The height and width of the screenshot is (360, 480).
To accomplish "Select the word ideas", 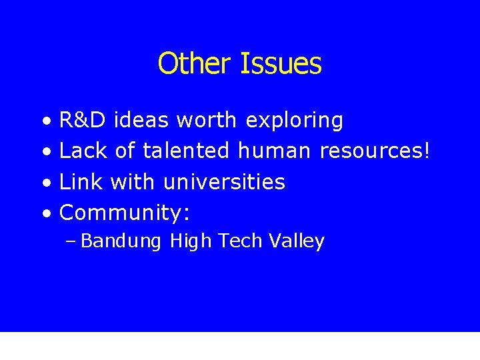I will point(141,121).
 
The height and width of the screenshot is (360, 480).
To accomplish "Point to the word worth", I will point(207,121).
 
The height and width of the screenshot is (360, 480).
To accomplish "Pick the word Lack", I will point(83,151).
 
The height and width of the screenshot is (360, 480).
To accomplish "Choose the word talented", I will point(185,151).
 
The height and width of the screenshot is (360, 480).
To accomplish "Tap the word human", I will point(274,151).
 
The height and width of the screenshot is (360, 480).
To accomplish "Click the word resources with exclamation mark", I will point(375,151).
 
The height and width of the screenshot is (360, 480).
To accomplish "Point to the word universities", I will point(224,182).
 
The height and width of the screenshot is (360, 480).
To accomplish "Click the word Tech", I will point(239,241).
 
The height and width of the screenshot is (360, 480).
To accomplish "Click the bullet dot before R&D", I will point(45,122).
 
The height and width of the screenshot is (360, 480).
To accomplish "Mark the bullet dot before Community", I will point(45,214).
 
